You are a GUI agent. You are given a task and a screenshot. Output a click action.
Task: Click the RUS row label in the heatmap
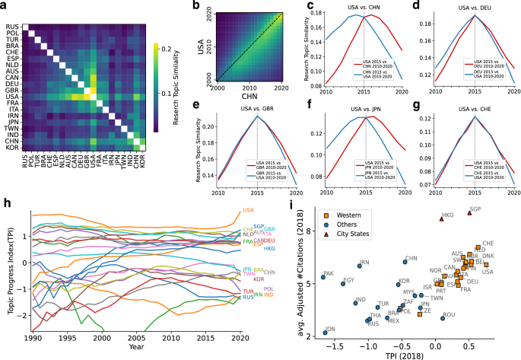click(x=12, y=26)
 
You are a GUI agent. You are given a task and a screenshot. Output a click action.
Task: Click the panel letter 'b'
click(x=197, y=6)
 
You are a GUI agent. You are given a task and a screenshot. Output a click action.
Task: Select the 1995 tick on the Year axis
click(x=67, y=337)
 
